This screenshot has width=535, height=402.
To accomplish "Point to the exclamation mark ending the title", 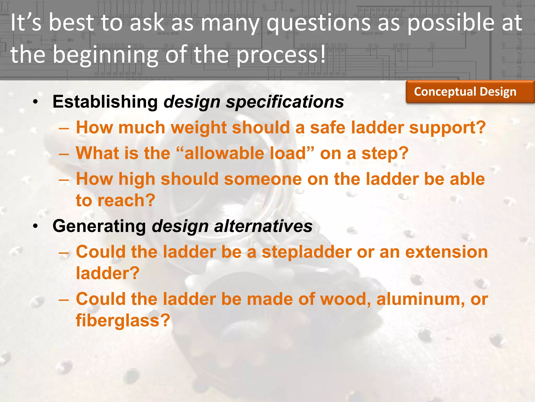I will [x=323, y=54].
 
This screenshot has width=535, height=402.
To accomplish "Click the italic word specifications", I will [x=285, y=102].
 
